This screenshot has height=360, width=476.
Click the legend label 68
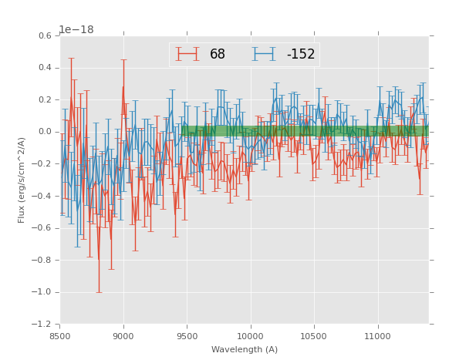point(218,55)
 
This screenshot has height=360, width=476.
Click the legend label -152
point(301,55)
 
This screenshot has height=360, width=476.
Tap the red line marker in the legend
point(187,55)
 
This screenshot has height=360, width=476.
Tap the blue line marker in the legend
point(265,55)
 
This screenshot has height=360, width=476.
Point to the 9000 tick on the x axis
point(123,336)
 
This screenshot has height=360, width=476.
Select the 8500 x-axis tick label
point(60,336)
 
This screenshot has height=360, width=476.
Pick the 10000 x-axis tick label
point(251,336)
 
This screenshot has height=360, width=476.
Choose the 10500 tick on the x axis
point(314,336)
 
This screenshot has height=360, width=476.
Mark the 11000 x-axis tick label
point(378,336)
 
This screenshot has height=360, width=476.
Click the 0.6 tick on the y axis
point(46,36)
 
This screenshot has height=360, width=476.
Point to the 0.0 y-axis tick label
point(46,132)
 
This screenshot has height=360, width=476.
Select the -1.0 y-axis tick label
point(43,292)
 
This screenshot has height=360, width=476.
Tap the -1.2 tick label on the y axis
point(43,325)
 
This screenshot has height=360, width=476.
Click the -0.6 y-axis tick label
point(43,228)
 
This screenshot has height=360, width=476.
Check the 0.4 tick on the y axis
point(46,68)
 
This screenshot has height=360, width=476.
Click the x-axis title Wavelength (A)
point(245,350)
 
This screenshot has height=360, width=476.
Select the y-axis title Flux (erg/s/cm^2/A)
point(22,180)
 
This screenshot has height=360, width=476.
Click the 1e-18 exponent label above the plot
point(76,29)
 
